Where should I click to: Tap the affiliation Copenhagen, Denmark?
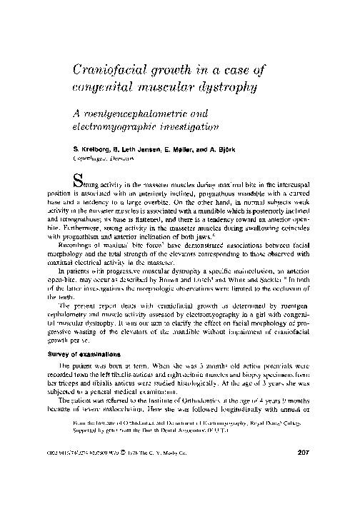104,161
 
